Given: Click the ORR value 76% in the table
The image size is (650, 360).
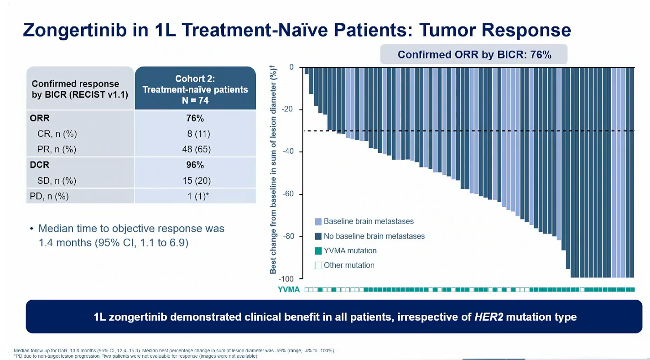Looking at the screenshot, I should click(x=195, y=118).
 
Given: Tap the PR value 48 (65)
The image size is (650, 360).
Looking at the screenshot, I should click(x=196, y=149).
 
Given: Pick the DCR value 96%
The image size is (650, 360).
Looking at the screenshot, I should click(x=195, y=165).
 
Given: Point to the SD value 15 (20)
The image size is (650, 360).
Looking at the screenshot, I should click(x=196, y=181).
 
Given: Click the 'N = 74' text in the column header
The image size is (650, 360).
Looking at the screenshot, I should click(x=195, y=100).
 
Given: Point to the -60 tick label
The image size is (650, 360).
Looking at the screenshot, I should click(x=288, y=194).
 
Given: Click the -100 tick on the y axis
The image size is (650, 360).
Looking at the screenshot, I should click(x=286, y=279).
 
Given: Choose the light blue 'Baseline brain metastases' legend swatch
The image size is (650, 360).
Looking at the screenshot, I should click(x=318, y=222).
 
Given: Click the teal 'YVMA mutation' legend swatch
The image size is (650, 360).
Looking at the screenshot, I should click(x=318, y=251).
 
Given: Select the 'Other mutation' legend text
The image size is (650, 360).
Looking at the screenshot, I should click(x=349, y=265).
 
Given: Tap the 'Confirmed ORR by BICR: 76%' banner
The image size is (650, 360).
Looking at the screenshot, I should click(x=474, y=55).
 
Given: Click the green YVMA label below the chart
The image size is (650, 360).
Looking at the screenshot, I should click(x=289, y=289).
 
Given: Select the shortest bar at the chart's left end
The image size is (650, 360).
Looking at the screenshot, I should click(x=307, y=71).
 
